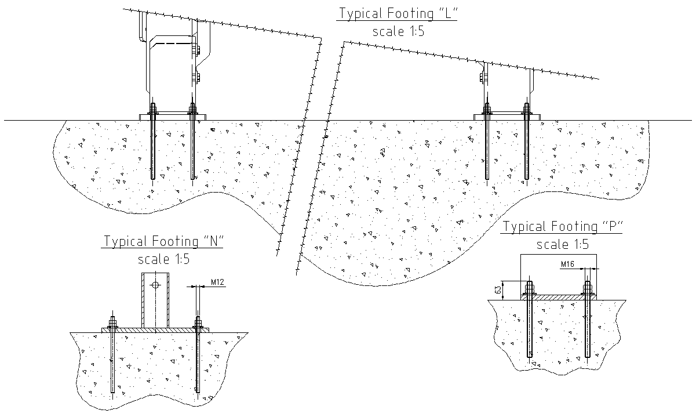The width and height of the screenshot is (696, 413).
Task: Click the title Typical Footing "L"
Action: [397, 13]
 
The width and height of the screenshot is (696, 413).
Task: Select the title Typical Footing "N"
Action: [163, 241]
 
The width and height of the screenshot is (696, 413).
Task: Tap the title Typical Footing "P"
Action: [562, 227]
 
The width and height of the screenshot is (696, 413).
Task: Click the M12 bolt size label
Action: [217, 282]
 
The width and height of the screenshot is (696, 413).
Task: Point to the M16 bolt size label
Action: [569, 265]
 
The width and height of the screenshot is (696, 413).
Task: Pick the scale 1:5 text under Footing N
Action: [163, 259]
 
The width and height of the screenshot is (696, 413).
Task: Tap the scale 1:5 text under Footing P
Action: [562, 245]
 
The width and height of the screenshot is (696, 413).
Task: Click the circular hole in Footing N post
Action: [155, 285]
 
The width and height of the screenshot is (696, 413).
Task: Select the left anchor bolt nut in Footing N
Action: [112, 323]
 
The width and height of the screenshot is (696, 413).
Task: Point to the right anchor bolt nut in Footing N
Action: [198, 323]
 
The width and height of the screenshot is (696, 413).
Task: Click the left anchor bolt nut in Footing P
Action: [529, 288]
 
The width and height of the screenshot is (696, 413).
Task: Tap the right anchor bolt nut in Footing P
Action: [588, 288]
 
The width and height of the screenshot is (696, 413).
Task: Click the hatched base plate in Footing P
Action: [558, 297]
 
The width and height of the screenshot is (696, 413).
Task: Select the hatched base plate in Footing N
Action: [155, 329]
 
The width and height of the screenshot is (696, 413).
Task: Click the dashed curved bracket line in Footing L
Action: [171, 42]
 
